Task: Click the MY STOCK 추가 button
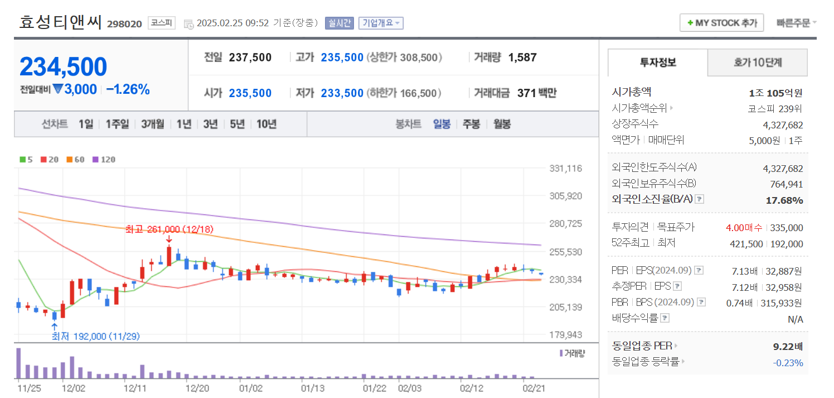click(x=722, y=23)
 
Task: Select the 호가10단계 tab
click(x=757, y=63)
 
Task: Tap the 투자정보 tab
click(x=658, y=63)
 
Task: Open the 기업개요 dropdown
click(x=381, y=23)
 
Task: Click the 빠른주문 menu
click(x=796, y=23)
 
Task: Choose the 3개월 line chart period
click(x=153, y=124)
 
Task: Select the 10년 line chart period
click(x=266, y=124)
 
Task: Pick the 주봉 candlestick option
click(x=471, y=124)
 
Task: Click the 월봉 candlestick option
click(x=502, y=124)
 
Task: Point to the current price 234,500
click(x=64, y=67)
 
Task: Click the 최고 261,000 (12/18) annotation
click(x=169, y=229)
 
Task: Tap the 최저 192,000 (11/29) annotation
click(x=95, y=336)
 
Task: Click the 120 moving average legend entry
click(x=104, y=160)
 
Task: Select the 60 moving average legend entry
click(x=76, y=160)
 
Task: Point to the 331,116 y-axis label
click(x=565, y=168)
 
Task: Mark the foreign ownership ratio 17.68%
click(x=784, y=200)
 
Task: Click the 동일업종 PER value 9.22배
click(x=788, y=347)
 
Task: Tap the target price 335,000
click(x=787, y=228)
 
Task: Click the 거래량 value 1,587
click(x=522, y=57)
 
